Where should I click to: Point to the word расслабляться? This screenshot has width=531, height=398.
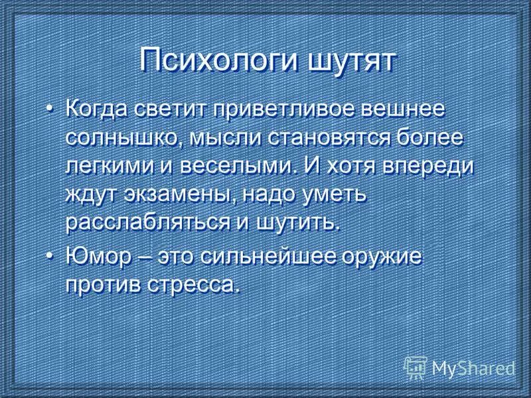click(146, 223)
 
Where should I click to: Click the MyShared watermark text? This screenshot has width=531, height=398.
click(473, 366)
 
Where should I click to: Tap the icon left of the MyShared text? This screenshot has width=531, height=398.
click(416, 366)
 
